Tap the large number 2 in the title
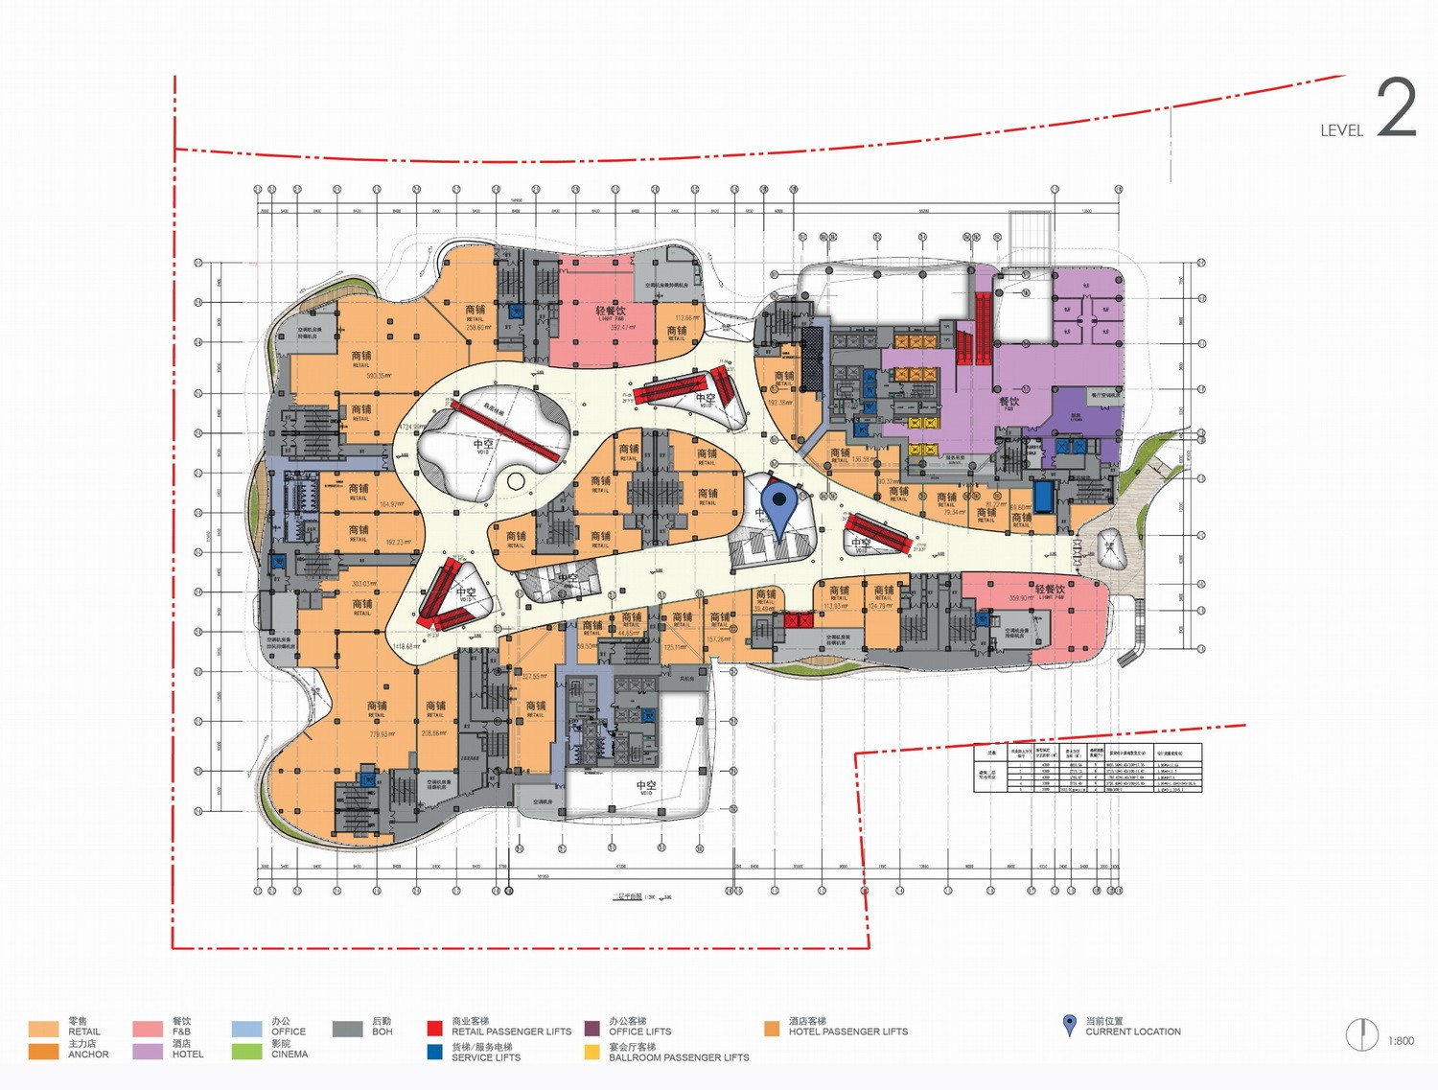click(1396, 108)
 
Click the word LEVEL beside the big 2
click(1340, 131)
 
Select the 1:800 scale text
click(1401, 1040)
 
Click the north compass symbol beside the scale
click(1361, 1035)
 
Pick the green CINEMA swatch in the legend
click(246, 1052)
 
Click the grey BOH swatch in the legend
click(347, 1030)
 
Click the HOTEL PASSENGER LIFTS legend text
click(847, 1032)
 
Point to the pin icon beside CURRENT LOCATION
click(1070, 1026)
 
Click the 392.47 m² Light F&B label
click(611, 328)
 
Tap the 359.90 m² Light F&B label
click(1020, 598)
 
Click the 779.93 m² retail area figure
click(377, 734)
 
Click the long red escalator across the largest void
click(505, 433)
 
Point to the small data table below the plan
click(1087, 767)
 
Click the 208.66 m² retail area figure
click(434, 733)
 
